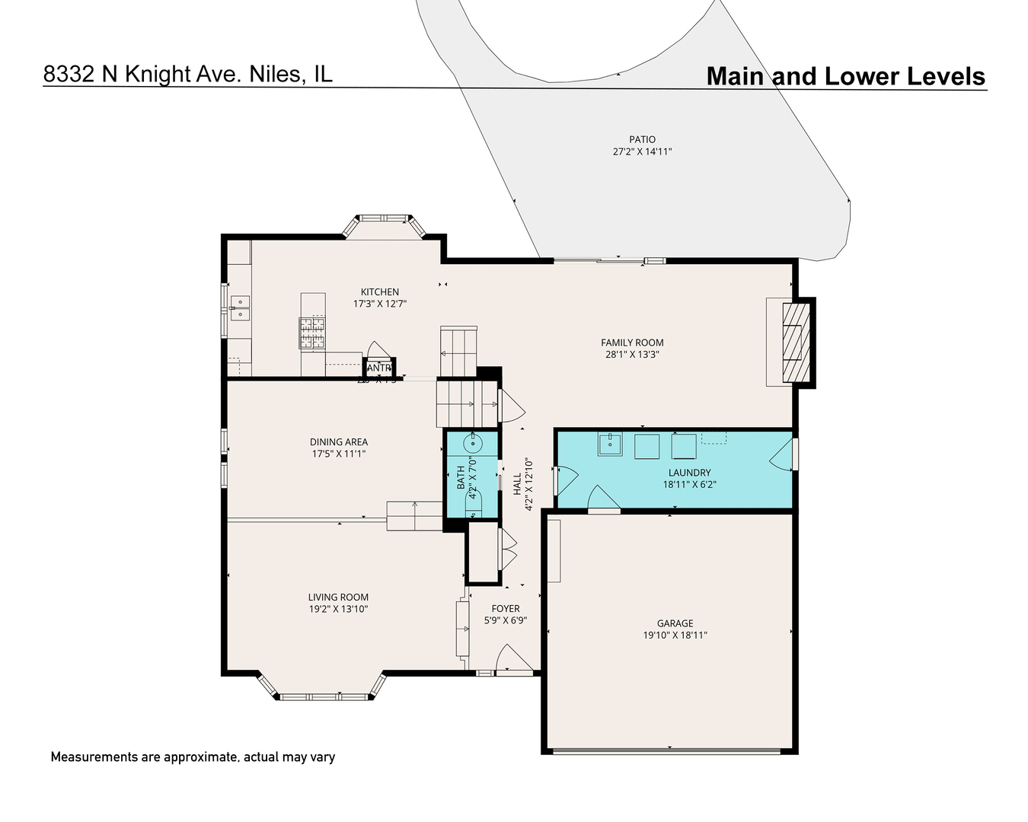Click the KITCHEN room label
coord(379,292)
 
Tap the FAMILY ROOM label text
coord(632,342)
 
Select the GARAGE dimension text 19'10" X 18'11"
coord(675,635)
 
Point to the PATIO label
coord(642,139)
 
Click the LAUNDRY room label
coord(689,473)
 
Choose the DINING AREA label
coord(338,441)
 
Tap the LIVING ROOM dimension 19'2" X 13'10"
coord(338,609)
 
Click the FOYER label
coord(505,608)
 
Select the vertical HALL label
coord(517,484)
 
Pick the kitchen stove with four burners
coord(312,333)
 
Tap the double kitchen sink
coord(240,307)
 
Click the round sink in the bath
coord(474,442)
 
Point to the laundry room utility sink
coord(609,444)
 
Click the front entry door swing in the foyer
coord(512,660)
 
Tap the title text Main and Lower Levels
coord(845,76)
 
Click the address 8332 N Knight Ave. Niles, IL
coord(187,74)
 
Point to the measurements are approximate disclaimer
coord(193,757)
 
